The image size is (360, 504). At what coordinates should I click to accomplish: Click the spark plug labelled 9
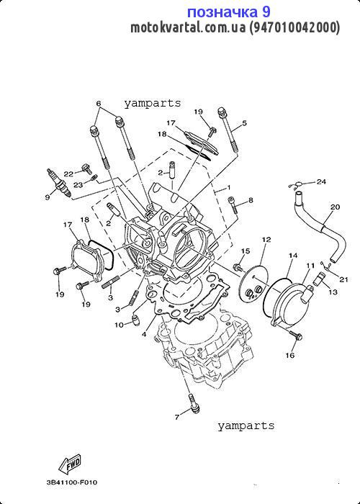coord(59,183)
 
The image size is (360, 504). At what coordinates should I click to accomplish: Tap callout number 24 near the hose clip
coord(321,181)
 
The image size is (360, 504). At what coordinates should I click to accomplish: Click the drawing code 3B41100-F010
coord(72,482)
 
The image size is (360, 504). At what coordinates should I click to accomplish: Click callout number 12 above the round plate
coord(266,240)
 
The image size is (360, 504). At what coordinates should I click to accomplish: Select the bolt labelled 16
coord(296,335)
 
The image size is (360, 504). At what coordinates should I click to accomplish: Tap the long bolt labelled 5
coord(228,130)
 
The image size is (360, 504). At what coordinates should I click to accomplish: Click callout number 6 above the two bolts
coord(99,104)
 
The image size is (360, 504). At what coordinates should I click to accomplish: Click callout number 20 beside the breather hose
coord(335,207)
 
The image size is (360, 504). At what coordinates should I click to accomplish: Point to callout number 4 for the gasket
coord(144,334)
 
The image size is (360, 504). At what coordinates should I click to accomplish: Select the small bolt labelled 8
coord(233,205)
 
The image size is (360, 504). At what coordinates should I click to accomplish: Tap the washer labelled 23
coord(94,177)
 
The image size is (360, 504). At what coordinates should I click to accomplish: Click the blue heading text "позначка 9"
coord(228,12)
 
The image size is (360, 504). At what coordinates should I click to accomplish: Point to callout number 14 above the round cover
coord(293,256)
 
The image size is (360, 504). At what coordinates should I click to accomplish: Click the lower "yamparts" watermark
coord(246,426)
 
